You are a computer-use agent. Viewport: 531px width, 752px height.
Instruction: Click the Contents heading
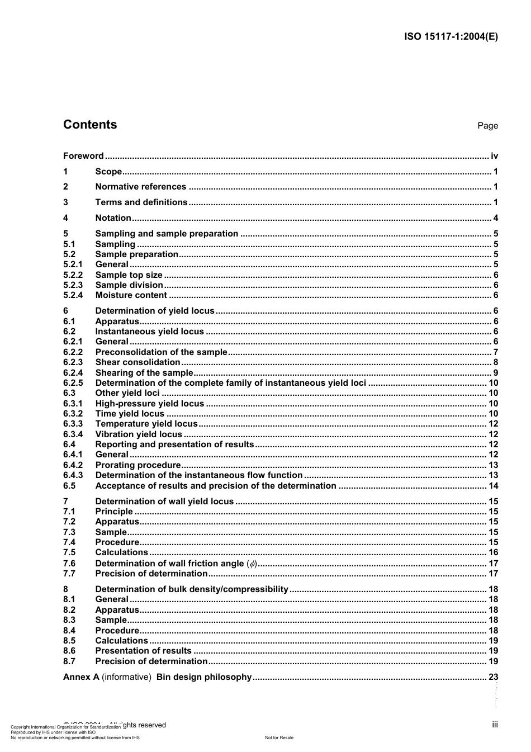coord(90,125)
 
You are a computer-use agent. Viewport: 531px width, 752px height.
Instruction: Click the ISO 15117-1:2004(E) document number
coord(451,37)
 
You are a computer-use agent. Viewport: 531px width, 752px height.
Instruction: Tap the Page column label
coord(487,126)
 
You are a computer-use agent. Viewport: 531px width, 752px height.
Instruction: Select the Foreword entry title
coord(83,156)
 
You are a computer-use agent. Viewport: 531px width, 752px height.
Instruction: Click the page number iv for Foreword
coord(494,156)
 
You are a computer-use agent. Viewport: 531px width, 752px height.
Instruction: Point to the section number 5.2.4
coord(73,295)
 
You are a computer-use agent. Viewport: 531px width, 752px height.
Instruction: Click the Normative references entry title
coord(140,187)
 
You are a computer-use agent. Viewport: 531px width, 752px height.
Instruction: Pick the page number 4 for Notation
coord(495,218)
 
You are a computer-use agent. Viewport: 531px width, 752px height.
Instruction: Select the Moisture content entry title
coord(131,295)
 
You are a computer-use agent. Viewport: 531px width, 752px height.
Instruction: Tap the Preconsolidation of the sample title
coord(161,352)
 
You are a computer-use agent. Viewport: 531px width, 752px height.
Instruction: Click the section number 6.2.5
coord(73,383)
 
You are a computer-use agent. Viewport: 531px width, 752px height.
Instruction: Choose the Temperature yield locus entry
coord(146,424)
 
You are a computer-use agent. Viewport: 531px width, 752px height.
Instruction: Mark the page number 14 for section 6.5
coord(493,486)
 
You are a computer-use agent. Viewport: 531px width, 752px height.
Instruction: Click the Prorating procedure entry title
coord(138,465)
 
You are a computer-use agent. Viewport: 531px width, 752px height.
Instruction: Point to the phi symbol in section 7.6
coord(252,564)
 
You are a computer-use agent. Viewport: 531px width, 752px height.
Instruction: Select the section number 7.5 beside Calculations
coord(69,552)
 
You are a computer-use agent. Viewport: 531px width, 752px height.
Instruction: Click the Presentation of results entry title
coord(143,651)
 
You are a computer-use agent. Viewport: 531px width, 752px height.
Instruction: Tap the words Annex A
coord(81,677)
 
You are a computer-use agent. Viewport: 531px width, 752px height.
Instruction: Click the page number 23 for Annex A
coord(493,677)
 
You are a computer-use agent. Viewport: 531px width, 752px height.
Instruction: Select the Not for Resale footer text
coord(279,737)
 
